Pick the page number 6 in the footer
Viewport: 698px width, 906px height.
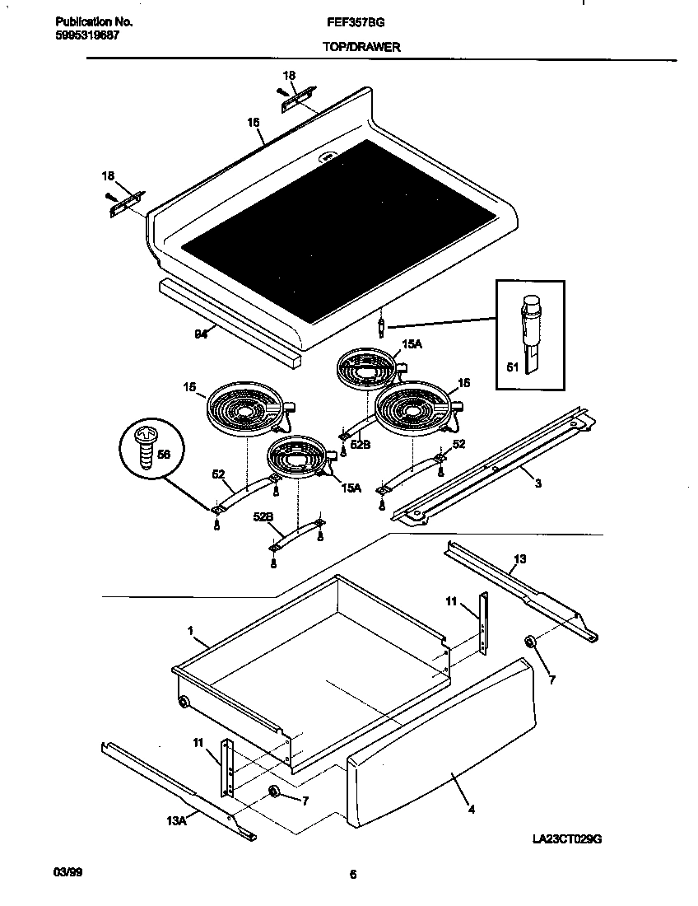tap(352, 875)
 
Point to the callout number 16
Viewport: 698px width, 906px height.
tap(254, 122)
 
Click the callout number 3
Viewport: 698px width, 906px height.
tap(537, 483)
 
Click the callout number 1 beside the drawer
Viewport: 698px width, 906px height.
tap(190, 631)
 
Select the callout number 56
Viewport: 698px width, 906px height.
tap(163, 453)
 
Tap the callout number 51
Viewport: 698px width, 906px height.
tap(511, 368)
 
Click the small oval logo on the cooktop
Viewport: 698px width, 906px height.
tap(327, 155)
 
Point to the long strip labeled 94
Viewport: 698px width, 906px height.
tap(230, 321)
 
